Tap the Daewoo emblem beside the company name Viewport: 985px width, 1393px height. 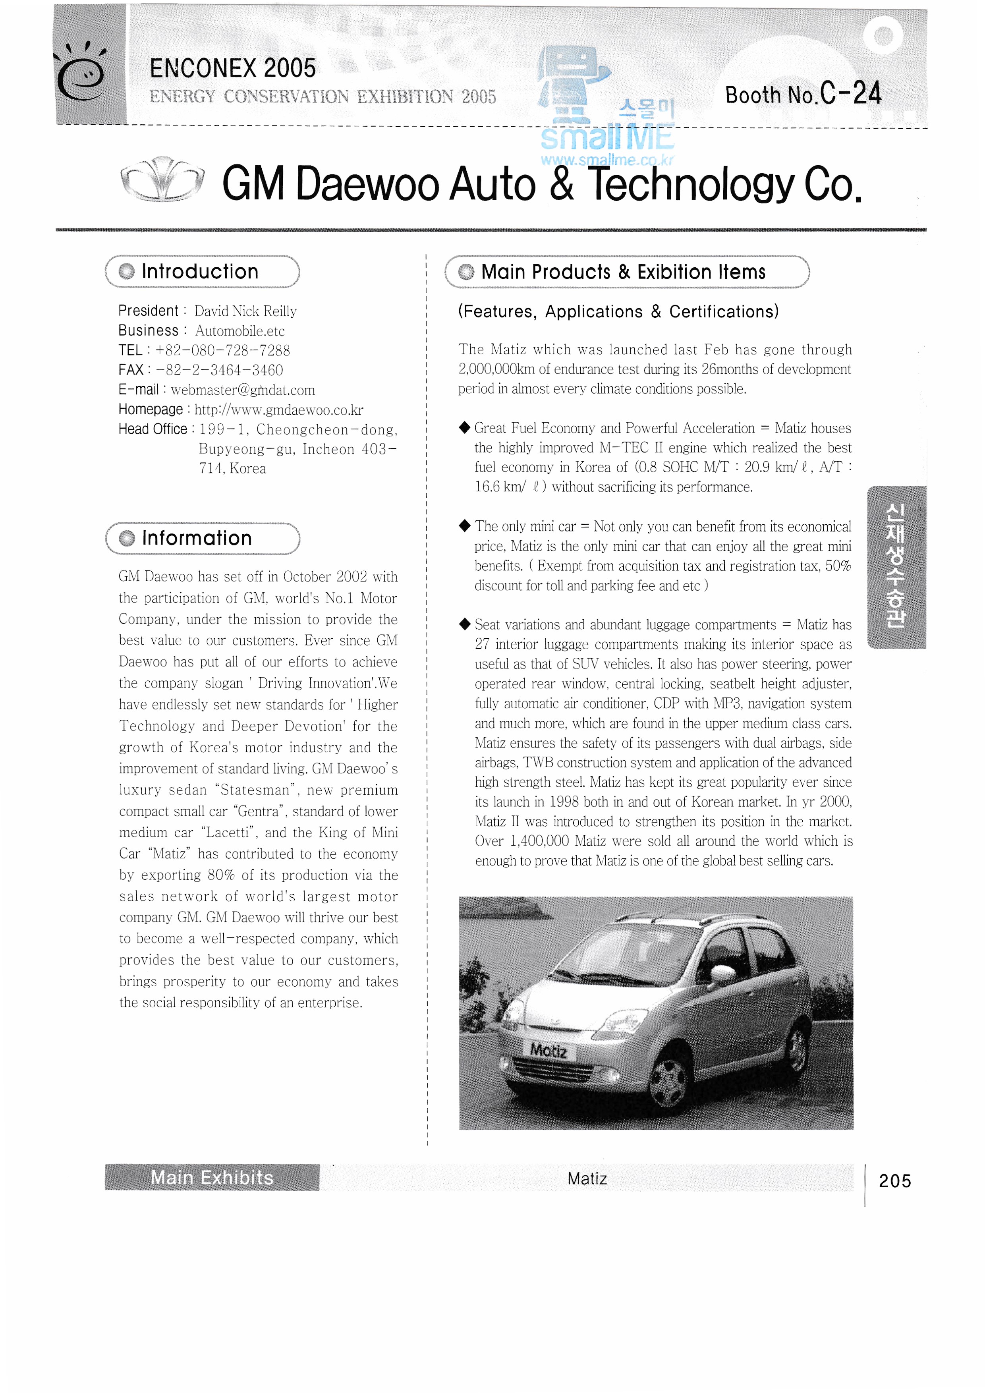pos(162,180)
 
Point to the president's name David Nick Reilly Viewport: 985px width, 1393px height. pos(245,311)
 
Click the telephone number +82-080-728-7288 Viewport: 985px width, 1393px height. pos(222,351)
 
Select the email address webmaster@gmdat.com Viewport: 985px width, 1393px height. pos(243,390)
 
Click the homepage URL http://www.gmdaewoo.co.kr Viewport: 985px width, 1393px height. pos(279,410)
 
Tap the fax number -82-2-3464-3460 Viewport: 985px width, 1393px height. pos(220,370)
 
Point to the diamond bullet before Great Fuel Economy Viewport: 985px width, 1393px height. pos(465,428)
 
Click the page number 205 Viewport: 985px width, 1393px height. pos(894,1180)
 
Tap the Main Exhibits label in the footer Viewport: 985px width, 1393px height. pos(212,1178)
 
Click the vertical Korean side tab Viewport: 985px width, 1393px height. pos(896,567)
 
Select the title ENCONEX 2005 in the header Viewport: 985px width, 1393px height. pos(233,69)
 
